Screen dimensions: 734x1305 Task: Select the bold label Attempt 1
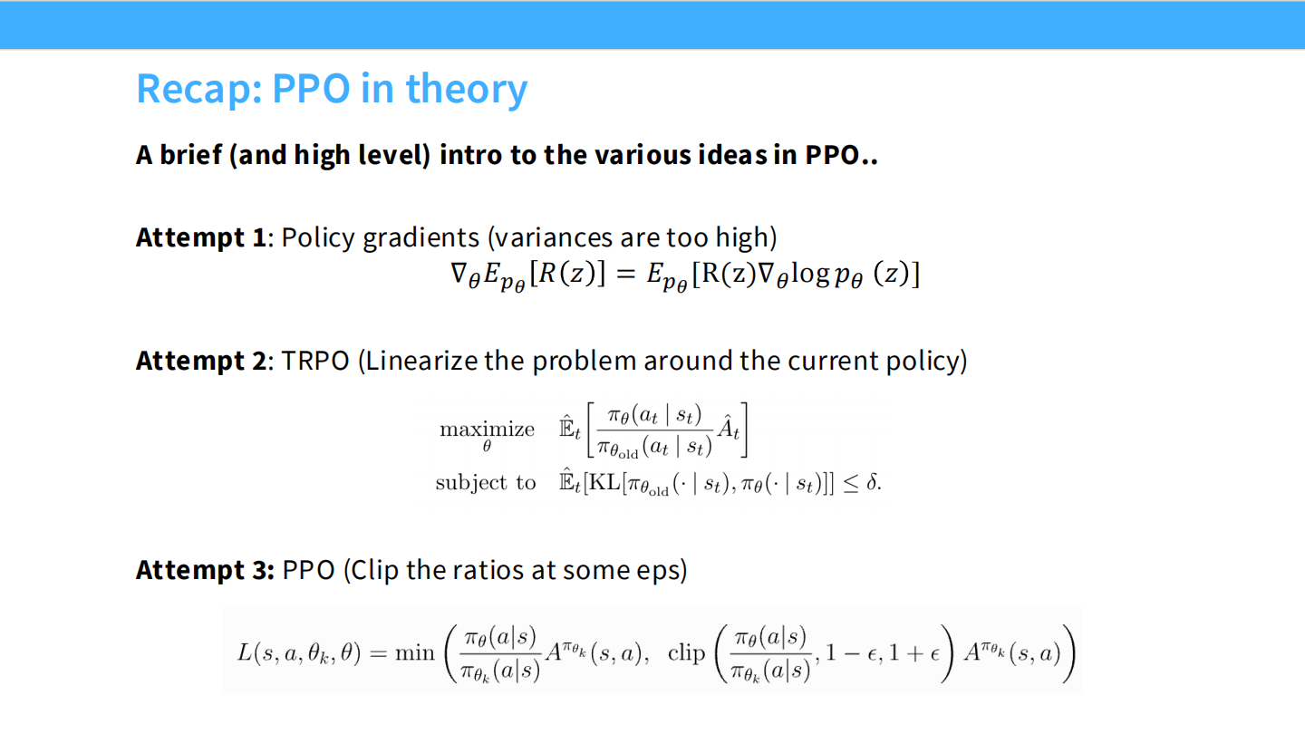click(x=201, y=238)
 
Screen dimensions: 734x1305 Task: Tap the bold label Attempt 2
click(x=201, y=361)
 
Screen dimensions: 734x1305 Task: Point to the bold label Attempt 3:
click(x=205, y=571)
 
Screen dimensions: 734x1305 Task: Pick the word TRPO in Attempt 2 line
click(x=315, y=361)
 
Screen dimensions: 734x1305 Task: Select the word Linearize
click(x=425, y=361)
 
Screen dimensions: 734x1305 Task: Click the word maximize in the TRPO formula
click(x=487, y=430)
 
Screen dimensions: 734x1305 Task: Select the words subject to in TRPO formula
click(x=486, y=482)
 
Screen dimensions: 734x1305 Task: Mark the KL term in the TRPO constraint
click(x=604, y=482)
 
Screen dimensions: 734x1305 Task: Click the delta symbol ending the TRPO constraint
click(x=873, y=482)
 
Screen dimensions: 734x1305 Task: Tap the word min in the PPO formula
click(x=415, y=653)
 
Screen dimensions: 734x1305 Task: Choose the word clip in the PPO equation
click(x=686, y=653)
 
